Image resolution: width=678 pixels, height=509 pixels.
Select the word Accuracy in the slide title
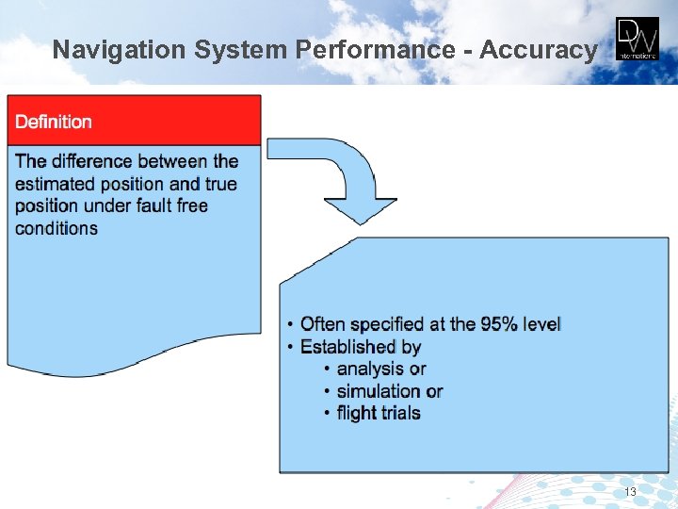pos(538,50)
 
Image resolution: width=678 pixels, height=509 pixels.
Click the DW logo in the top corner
pos(638,40)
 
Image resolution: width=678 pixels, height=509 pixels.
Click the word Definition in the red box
pos(54,122)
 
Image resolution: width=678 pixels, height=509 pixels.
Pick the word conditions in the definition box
pos(56,228)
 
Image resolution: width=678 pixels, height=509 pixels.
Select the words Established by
pos(361,347)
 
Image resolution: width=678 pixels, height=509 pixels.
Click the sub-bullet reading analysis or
pos(381,369)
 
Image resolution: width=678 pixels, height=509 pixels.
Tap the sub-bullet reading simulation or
pos(389,391)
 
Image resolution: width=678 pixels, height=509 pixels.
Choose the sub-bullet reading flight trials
pos(379,413)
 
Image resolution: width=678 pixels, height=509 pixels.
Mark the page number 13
pos(630,493)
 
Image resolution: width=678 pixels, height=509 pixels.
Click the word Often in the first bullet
pos(323,324)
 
